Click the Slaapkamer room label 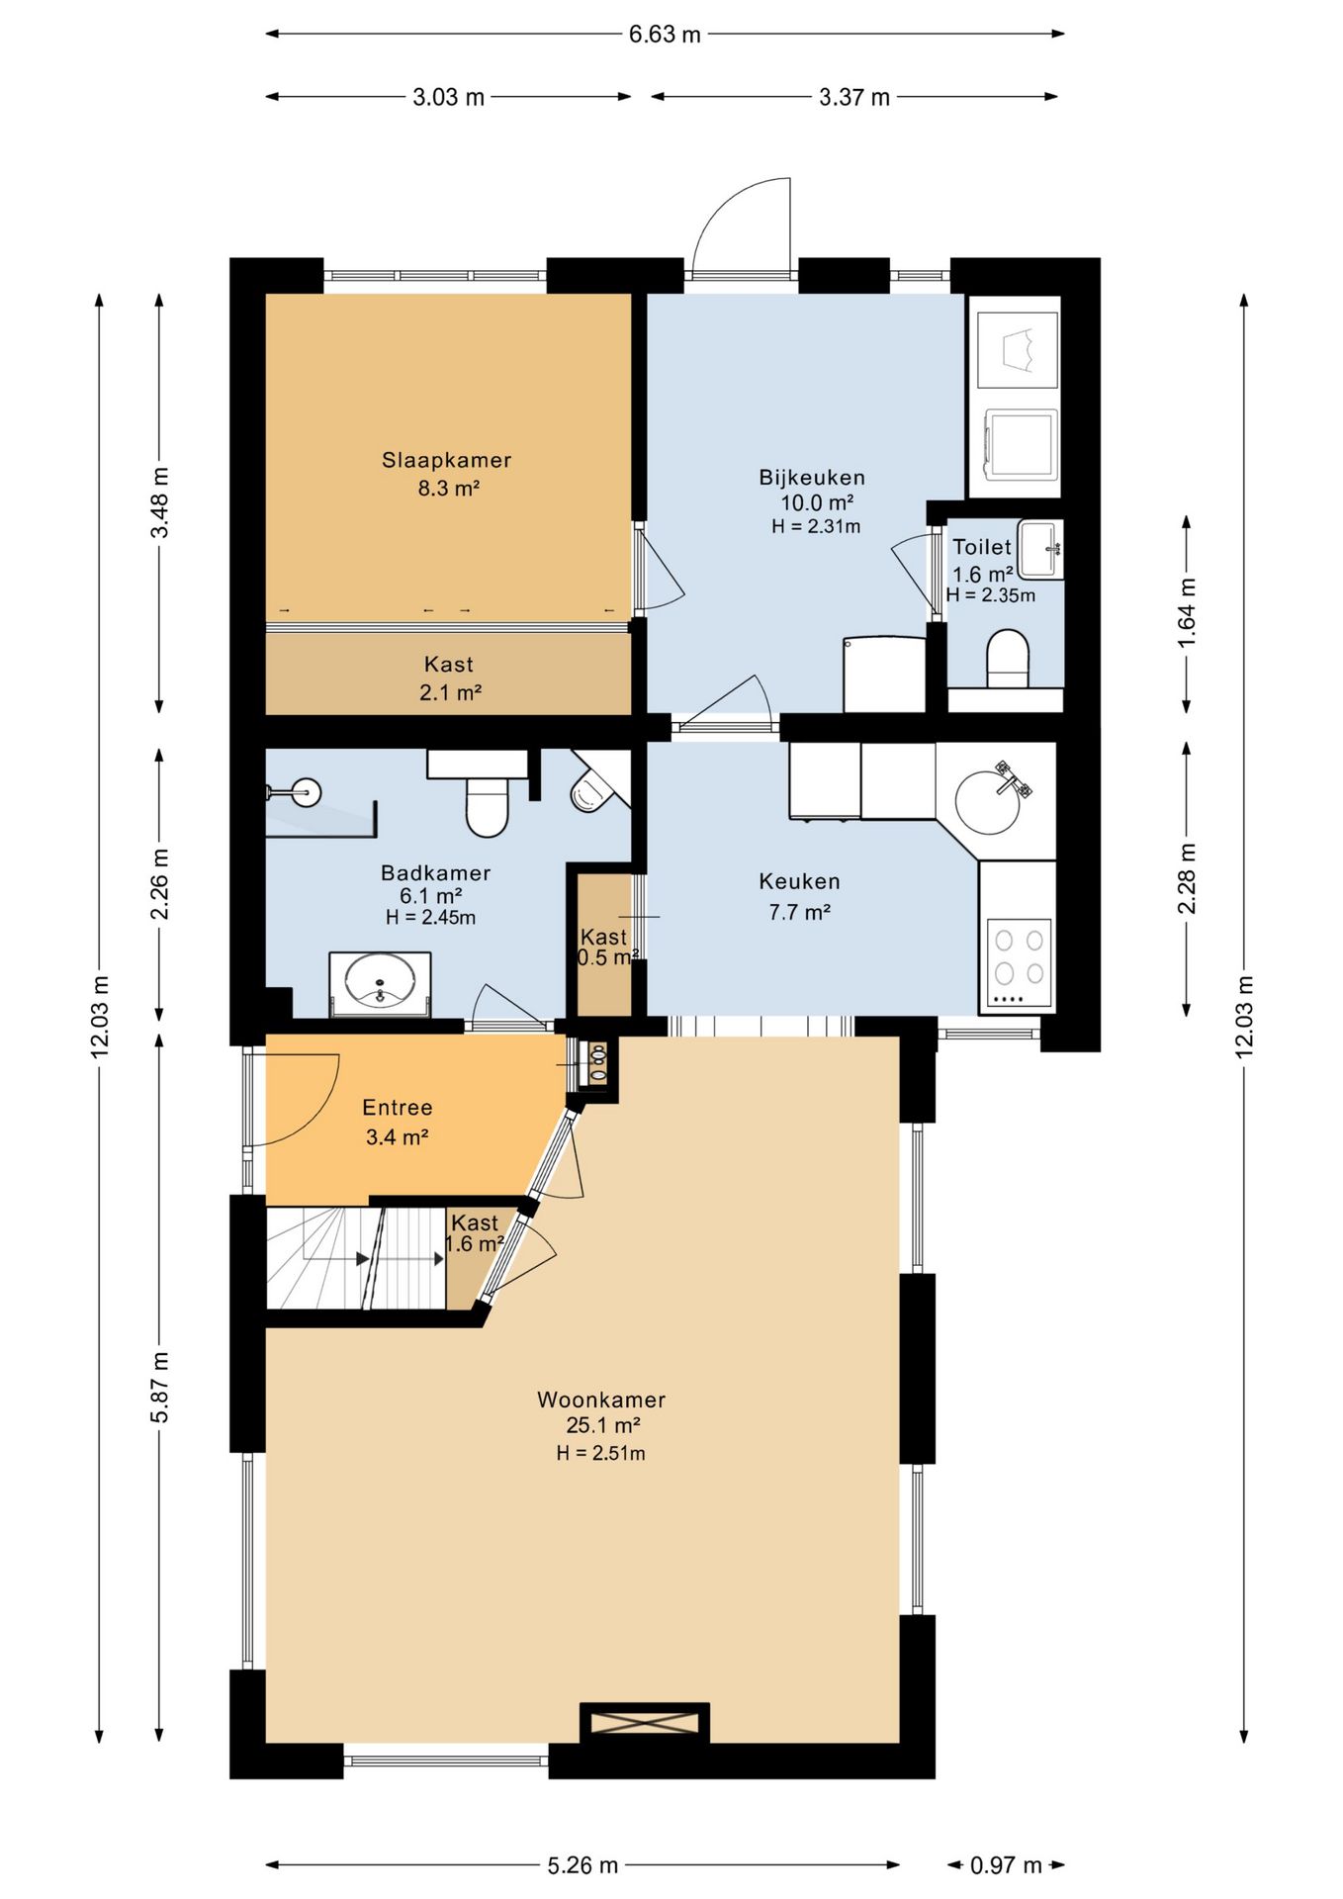click(x=447, y=460)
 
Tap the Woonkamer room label click(x=601, y=1400)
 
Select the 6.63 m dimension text click(x=665, y=35)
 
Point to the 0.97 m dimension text click(x=1006, y=1865)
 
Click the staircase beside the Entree click(x=356, y=1258)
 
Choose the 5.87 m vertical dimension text click(x=159, y=1387)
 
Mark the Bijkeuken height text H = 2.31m click(x=816, y=527)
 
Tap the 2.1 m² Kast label click(x=450, y=692)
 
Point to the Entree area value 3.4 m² click(x=397, y=1137)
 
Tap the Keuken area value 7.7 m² click(x=799, y=912)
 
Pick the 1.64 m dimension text click(x=1187, y=613)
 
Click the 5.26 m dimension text click(x=582, y=1865)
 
